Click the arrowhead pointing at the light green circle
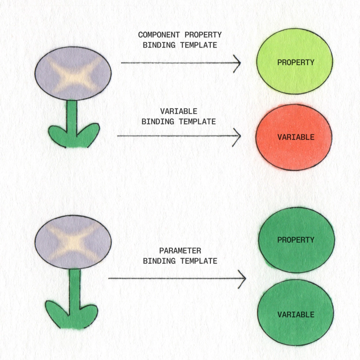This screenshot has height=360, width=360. (x=237, y=63)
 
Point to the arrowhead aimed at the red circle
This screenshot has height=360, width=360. (x=237, y=135)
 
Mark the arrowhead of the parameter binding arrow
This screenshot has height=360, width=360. (x=242, y=279)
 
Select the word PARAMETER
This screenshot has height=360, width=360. (x=180, y=251)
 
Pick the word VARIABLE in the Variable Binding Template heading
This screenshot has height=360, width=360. (x=179, y=111)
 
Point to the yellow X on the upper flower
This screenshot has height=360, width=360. (x=73, y=73)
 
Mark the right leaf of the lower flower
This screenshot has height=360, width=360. (x=88, y=313)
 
